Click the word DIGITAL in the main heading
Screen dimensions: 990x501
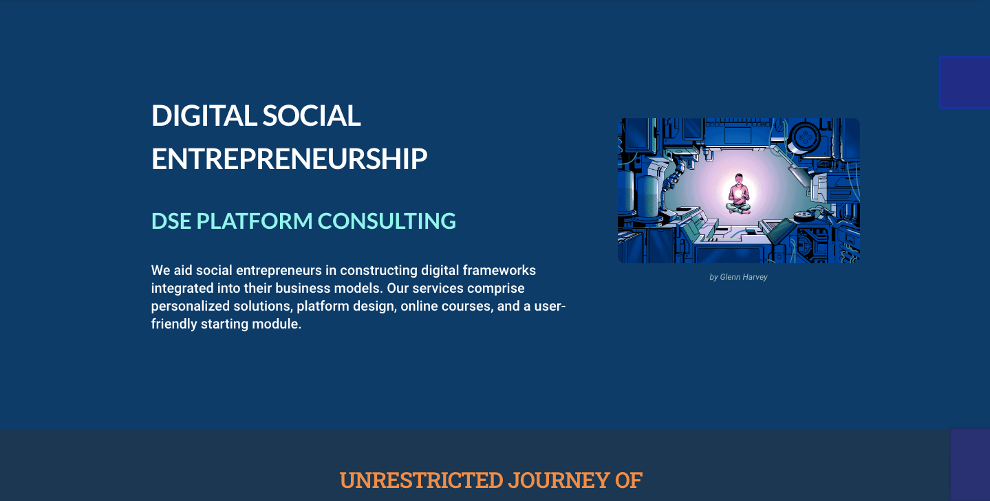coord(204,115)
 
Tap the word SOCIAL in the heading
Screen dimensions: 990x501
coord(312,115)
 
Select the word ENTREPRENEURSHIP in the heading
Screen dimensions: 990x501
coord(290,159)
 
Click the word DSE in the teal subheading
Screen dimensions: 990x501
coord(171,221)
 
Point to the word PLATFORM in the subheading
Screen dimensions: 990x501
coord(255,221)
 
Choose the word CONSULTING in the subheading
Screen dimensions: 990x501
coord(387,221)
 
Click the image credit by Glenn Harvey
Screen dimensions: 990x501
coord(738,277)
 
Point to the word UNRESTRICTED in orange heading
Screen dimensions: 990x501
coord(422,480)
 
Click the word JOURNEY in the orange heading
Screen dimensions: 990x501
coord(559,480)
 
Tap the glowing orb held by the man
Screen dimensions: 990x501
coord(738,194)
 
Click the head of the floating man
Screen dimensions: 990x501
coord(738,178)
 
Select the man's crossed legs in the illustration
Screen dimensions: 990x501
coord(738,209)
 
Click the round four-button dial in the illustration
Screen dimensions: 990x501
coord(805,137)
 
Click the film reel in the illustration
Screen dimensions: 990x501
coord(804,216)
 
